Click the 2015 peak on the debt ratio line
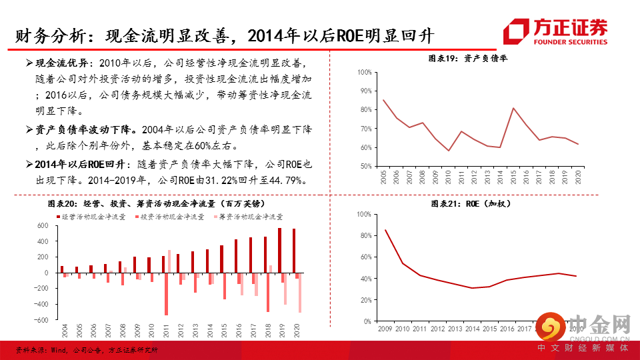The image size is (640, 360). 513,108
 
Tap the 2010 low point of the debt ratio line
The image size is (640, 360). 449,151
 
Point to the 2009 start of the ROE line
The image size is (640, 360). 385,230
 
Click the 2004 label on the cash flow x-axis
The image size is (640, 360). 64,331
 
